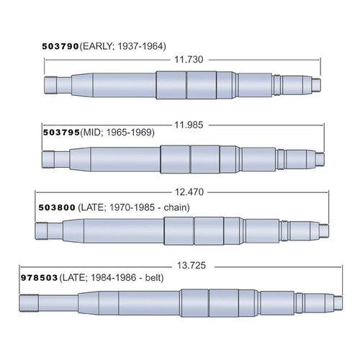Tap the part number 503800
pyautogui.click(x=57, y=205)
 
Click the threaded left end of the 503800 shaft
pyautogui.click(x=42, y=231)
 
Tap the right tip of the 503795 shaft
pyautogui.click(x=320, y=156)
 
